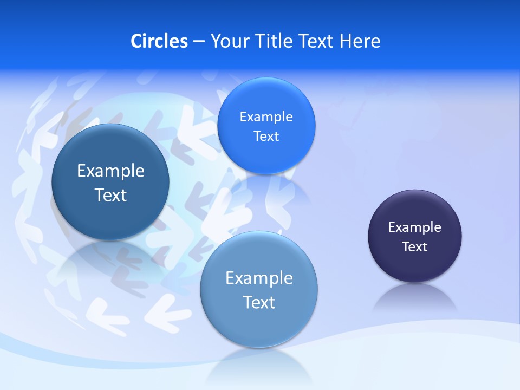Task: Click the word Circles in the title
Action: [x=159, y=41]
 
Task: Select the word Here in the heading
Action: [x=360, y=41]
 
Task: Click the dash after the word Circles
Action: [x=199, y=42]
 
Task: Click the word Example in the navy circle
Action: [x=415, y=227]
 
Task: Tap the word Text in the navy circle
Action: [x=415, y=247]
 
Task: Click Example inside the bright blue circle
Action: [x=266, y=117]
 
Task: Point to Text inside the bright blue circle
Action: [x=266, y=136]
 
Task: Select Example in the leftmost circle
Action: [x=110, y=171]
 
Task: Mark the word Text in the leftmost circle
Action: [x=110, y=195]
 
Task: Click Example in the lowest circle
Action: [x=259, y=278]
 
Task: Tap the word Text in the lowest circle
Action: [x=259, y=302]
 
